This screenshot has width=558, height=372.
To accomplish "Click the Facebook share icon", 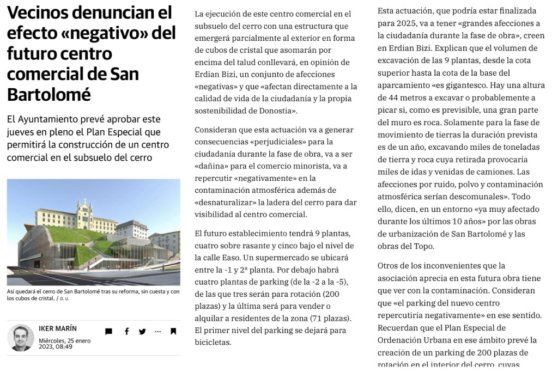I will pos(126,331).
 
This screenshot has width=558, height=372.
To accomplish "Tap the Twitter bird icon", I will pos(142,331).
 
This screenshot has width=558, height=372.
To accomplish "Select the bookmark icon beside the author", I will pos(173,331).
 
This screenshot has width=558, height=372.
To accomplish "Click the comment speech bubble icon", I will pos(108,331).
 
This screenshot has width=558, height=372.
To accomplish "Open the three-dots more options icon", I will pos(158,331).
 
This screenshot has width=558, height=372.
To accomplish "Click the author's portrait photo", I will pos(21,338).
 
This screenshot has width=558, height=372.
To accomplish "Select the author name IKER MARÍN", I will pos(58,328).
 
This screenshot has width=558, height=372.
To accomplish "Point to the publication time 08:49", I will pos(63,346).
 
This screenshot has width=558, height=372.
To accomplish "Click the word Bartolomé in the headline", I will pos(48,94).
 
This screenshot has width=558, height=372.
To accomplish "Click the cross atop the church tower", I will pos(84,200).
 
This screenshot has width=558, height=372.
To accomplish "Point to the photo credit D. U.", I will pos(64,298).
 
